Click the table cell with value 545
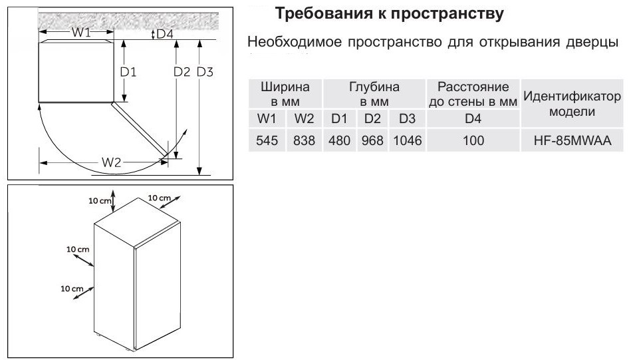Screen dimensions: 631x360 (x=267, y=140)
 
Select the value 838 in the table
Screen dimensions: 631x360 (x=304, y=140)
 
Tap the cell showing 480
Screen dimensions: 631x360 (x=339, y=140)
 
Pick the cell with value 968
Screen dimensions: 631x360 (x=372, y=140)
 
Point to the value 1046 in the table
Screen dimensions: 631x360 (x=407, y=140)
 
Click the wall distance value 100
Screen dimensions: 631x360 (x=473, y=140)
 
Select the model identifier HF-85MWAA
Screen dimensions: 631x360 (x=572, y=140)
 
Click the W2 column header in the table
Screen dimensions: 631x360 (x=304, y=118)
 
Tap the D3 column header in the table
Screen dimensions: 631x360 (x=407, y=118)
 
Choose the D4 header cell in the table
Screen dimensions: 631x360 (x=473, y=118)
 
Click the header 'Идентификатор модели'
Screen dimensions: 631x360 (x=572, y=104)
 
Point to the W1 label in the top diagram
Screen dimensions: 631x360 (x=81, y=32)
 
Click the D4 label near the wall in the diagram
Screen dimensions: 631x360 (x=165, y=34)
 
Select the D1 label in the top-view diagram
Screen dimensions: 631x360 (x=128, y=72)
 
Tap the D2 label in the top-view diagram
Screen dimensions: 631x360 (x=182, y=72)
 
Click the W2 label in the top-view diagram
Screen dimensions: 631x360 (x=111, y=162)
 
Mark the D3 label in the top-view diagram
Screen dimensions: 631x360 (x=204, y=72)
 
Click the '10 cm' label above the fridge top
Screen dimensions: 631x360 (x=99, y=200)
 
